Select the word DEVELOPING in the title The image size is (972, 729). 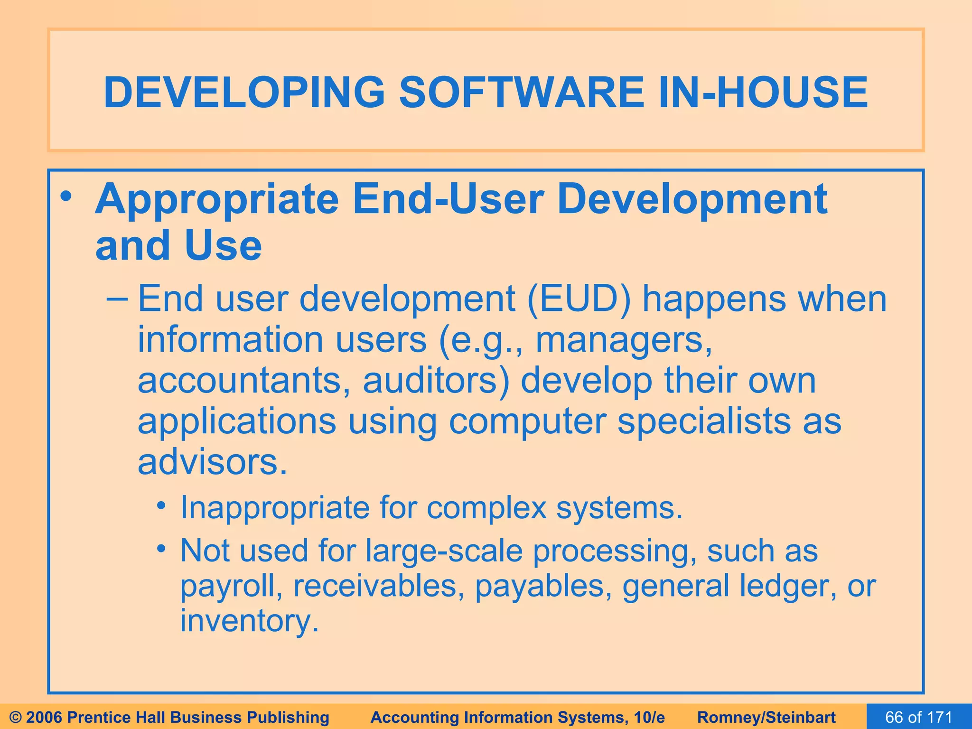244,92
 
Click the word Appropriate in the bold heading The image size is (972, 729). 217,199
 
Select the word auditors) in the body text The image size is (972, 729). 436,381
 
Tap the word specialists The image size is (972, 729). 704,421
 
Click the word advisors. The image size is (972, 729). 212,462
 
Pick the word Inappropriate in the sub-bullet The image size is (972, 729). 275,508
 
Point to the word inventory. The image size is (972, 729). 249,621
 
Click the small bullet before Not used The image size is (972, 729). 162,549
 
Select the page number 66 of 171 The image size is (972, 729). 919,717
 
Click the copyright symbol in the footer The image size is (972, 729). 16,717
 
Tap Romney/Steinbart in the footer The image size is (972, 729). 766,717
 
